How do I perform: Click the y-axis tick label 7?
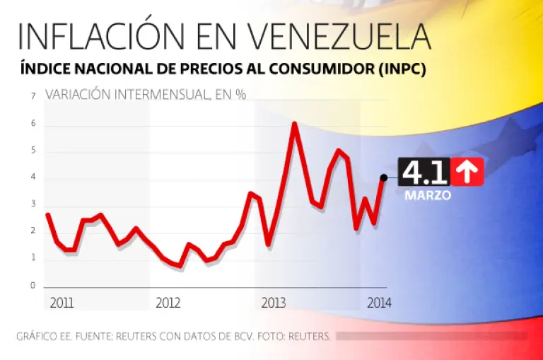pos(33,96)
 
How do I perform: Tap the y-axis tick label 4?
pos(33,178)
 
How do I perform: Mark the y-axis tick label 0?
pos(33,286)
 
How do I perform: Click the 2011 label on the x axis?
pos(62,303)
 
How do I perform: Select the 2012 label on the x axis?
pos(168,303)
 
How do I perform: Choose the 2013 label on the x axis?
pos(273,303)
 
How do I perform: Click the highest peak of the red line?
pos(294,125)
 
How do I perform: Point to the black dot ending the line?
pos(383,178)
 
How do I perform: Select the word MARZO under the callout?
pos(428,196)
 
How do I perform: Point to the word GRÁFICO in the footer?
pos(35,336)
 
